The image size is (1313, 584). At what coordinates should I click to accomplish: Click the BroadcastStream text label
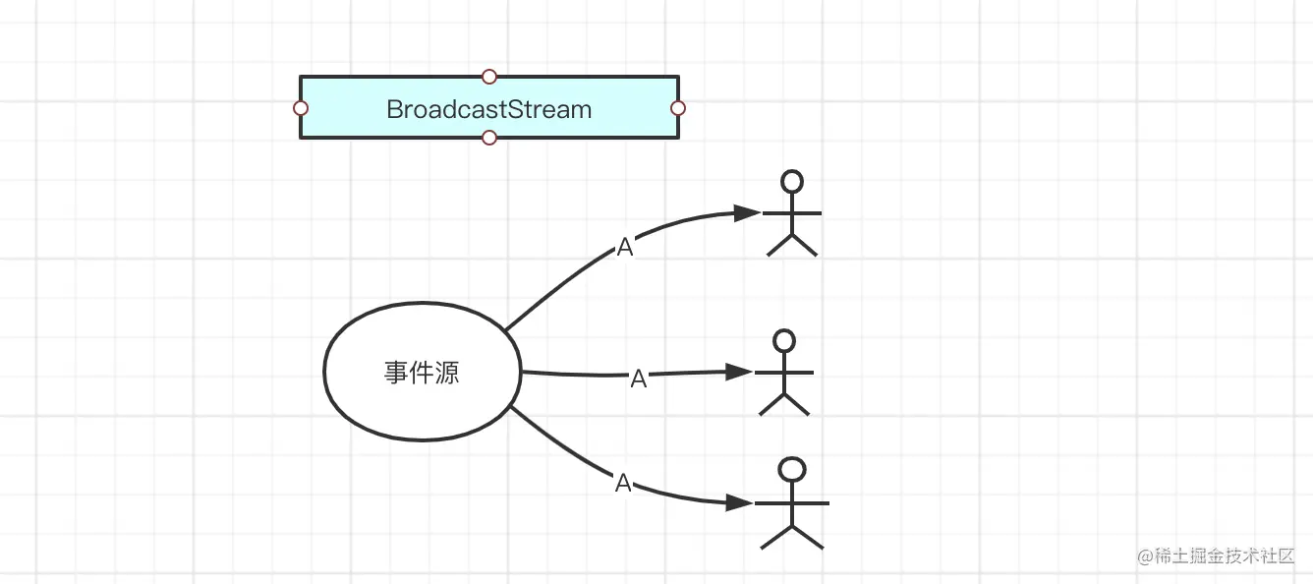489,109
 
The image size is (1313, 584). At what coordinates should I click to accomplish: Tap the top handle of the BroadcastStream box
489,77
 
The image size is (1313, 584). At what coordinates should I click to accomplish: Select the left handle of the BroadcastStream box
301,108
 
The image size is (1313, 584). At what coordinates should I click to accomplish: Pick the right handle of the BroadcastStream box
677,108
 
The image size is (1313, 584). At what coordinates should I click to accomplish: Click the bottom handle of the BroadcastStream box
489,138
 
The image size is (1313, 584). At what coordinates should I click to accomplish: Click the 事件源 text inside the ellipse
422,373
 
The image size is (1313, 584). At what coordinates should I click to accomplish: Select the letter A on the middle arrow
639,379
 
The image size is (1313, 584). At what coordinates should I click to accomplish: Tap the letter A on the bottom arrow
623,483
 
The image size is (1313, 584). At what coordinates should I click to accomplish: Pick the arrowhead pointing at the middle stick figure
739,372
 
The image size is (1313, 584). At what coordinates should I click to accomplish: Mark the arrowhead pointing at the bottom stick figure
740,502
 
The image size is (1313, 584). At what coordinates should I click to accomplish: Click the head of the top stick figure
791,181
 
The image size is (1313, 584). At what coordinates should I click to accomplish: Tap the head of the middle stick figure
784,340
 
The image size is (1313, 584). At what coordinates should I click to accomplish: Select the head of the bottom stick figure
792,470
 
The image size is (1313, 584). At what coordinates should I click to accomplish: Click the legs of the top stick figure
792,244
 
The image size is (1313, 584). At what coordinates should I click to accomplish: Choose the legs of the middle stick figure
784,403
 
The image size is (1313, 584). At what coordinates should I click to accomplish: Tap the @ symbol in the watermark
1145,557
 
